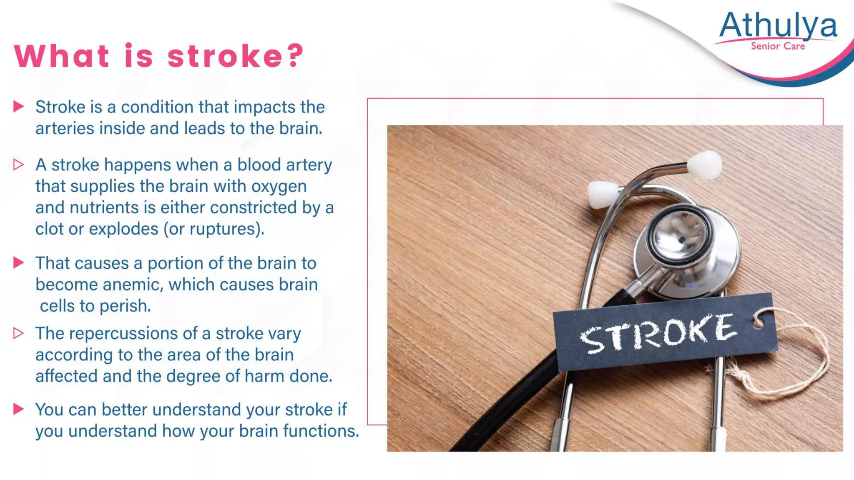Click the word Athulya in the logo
(x=778, y=26)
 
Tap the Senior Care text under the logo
(x=778, y=46)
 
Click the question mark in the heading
(x=296, y=56)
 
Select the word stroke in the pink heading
(x=224, y=56)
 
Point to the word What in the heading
(x=62, y=56)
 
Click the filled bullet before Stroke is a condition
(x=18, y=107)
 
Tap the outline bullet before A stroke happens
(x=18, y=165)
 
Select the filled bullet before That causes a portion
(x=18, y=263)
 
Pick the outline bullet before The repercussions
(x=18, y=333)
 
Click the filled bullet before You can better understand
(x=18, y=409)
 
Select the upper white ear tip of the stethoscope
(x=705, y=165)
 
